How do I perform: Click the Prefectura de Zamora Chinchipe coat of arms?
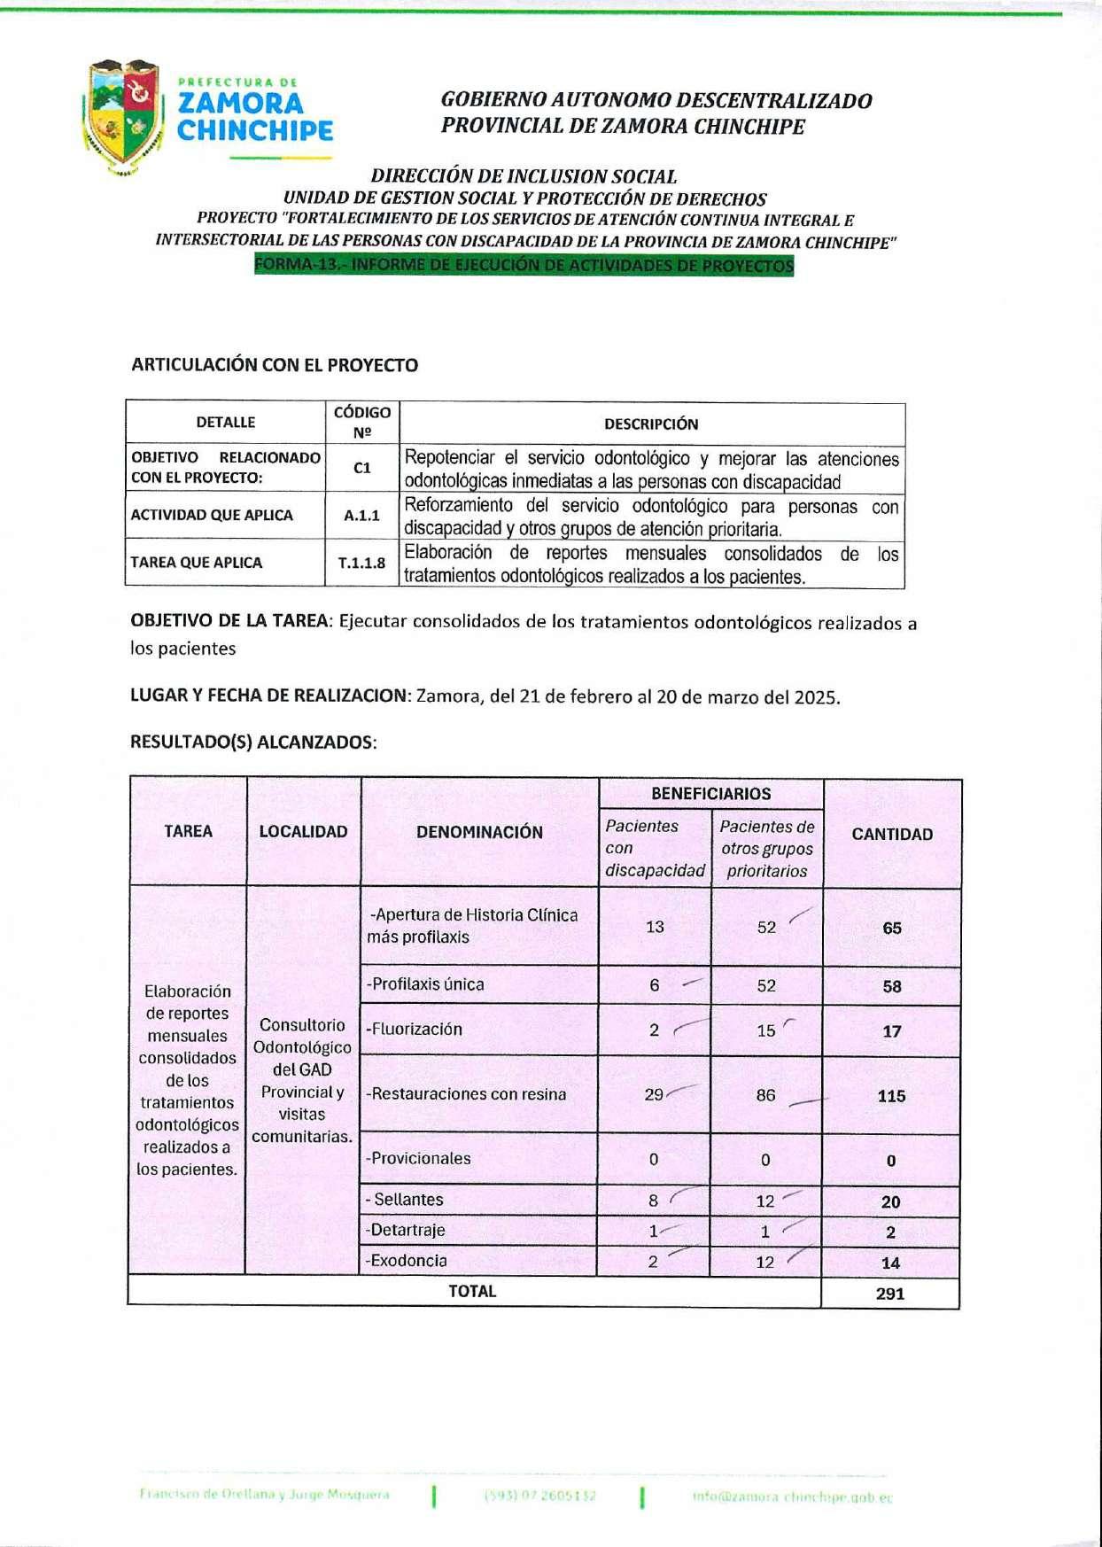pyautogui.click(x=123, y=116)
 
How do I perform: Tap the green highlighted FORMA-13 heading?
pyautogui.click(x=524, y=266)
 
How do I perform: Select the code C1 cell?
pyautogui.click(x=361, y=468)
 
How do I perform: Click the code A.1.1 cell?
pyautogui.click(x=361, y=516)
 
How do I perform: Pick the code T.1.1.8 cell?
pyautogui.click(x=361, y=563)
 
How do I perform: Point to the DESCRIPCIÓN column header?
pyautogui.click(x=651, y=424)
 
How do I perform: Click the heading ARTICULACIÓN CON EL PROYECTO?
pyautogui.click(x=275, y=365)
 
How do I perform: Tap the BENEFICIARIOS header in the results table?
pyautogui.click(x=710, y=794)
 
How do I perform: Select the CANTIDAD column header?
pyautogui.click(x=892, y=834)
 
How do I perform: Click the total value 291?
pyautogui.click(x=890, y=1294)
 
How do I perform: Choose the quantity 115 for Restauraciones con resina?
pyautogui.click(x=891, y=1096)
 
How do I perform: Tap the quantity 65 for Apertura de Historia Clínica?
pyautogui.click(x=892, y=929)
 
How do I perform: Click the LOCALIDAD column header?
pyautogui.click(x=303, y=832)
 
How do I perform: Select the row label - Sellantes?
pyautogui.click(x=404, y=1200)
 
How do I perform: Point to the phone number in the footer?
pyautogui.click(x=540, y=1496)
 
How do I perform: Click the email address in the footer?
pyautogui.click(x=792, y=1497)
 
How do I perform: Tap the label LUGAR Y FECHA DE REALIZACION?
pyautogui.click(x=268, y=696)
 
